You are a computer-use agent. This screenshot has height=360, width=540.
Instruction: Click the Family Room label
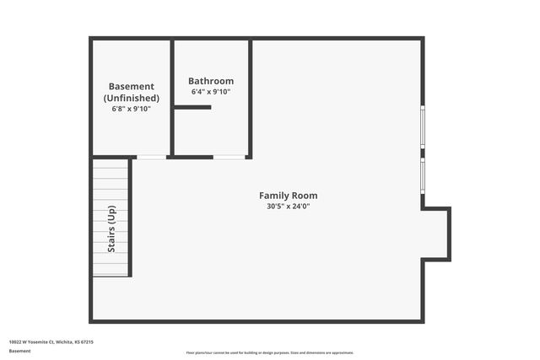pyautogui.click(x=288, y=196)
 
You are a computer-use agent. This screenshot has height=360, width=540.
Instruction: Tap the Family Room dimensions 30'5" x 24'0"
pyautogui.click(x=288, y=207)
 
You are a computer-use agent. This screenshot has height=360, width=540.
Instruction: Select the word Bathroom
pyautogui.click(x=210, y=81)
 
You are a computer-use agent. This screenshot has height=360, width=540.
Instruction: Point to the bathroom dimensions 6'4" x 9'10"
pyautogui.click(x=210, y=92)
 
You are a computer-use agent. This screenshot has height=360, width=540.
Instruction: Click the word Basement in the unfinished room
pyautogui.click(x=131, y=86)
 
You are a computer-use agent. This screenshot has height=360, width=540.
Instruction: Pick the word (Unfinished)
pyautogui.click(x=131, y=98)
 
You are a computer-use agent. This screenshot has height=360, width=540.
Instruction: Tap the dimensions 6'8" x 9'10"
pyautogui.click(x=131, y=109)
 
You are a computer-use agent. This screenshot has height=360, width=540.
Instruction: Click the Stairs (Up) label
pyautogui.click(x=111, y=229)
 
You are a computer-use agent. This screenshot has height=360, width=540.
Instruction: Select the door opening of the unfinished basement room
pyautogui.click(x=151, y=157)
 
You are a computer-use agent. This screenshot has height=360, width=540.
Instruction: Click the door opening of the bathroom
pyautogui.click(x=229, y=157)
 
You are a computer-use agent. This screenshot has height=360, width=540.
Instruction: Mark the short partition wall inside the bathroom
pyautogui.click(x=192, y=107)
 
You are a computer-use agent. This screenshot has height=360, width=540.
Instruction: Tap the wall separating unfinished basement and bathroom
pyautogui.click(x=172, y=97)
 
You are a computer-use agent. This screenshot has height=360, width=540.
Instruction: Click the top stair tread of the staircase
pyautogui.click(x=111, y=165)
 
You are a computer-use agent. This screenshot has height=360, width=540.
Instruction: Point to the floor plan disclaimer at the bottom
pyautogui.click(x=270, y=352)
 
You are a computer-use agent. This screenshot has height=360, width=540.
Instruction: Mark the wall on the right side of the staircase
pyautogui.click(x=131, y=218)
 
